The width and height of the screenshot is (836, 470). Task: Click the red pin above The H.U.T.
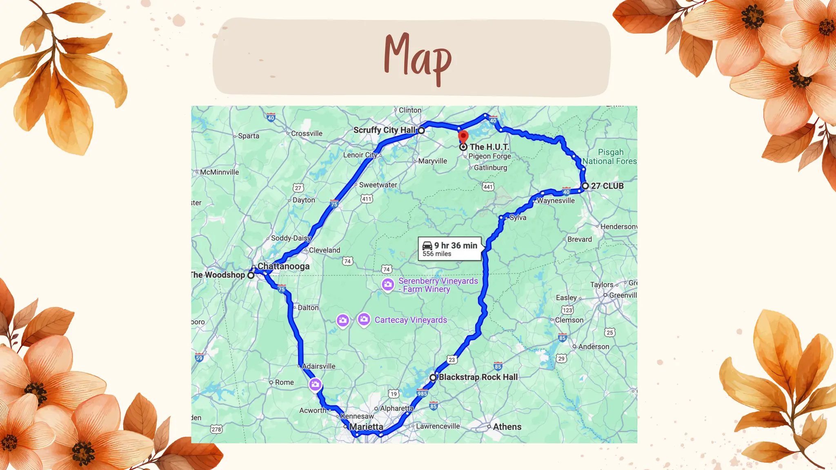click(x=463, y=136)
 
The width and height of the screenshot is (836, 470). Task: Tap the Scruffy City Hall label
click(x=384, y=130)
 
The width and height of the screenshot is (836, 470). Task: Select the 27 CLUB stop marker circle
click(x=585, y=186)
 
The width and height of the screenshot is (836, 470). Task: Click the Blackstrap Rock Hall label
click(x=478, y=377)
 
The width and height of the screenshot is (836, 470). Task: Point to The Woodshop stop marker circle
click(x=251, y=275)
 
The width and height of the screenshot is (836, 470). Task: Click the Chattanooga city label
click(x=283, y=266)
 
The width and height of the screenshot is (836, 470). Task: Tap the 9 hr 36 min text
click(x=456, y=245)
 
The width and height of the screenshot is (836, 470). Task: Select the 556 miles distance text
click(x=437, y=254)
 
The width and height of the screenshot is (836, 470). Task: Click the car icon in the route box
click(x=427, y=245)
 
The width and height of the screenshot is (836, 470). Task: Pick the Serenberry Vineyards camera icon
click(x=388, y=284)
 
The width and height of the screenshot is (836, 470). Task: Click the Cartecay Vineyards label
click(x=411, y=320)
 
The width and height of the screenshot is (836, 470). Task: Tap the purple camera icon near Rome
click(x=315, y=384)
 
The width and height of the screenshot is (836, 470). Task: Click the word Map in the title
click(x=418, y=57)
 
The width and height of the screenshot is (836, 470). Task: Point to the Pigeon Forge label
click(x=489, y=156)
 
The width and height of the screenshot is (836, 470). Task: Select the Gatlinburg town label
click(x=490, y=168)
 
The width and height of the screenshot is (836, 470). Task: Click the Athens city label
click(x=507, y=427)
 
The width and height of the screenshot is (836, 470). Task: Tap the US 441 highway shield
click(x=488, y=187)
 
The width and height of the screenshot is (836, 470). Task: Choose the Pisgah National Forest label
click(x=610, y=157)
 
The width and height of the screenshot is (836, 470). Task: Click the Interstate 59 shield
click(x=199, y=358)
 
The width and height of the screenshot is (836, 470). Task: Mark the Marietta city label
click(x=366, y=427)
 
